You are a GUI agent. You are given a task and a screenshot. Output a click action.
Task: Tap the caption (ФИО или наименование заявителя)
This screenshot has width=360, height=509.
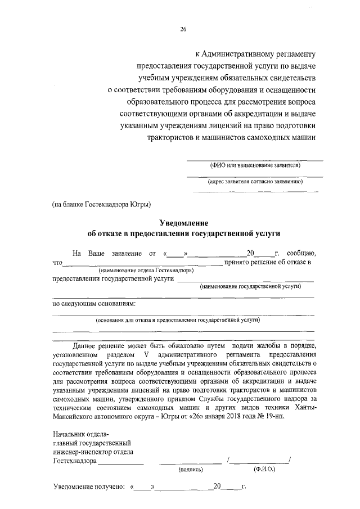point(255,166)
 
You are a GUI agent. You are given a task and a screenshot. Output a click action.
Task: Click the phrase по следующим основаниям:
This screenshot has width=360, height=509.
point(94,304)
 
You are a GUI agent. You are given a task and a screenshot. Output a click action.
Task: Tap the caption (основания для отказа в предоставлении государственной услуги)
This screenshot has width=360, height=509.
point(178,320)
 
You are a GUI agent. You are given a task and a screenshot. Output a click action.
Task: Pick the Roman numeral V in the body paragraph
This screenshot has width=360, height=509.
point(146,356)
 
